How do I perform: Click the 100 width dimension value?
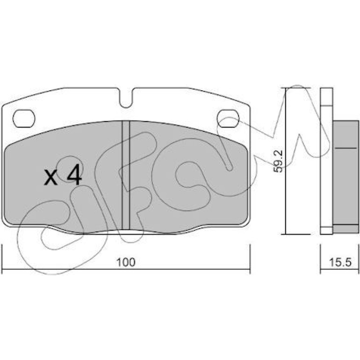[x=126, y=262]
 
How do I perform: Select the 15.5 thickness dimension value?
[x=340, y=262]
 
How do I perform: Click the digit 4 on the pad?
[x=74, y=174]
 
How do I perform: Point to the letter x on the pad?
[x=51, y=177]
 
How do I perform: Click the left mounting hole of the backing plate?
[x=24, y=119]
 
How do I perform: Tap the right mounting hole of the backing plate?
[x=228, y=119]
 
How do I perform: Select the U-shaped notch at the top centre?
[x=126, y=98]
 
